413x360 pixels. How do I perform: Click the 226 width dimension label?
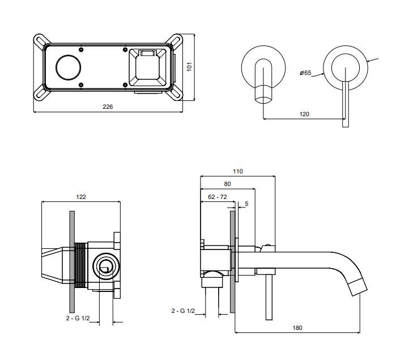click(107, 107)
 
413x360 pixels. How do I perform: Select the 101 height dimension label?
click(190, 66)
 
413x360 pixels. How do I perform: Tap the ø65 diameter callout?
click(306, 73)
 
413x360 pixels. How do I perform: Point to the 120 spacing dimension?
click(304, 114)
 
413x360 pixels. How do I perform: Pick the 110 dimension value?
click(237, 171)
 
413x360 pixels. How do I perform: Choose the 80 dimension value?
click(227, 184)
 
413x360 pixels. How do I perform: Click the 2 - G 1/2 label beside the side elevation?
click(183, 311)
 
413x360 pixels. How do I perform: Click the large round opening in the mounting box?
click(68, 68)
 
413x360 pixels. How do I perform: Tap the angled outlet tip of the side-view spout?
click(358, 287)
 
